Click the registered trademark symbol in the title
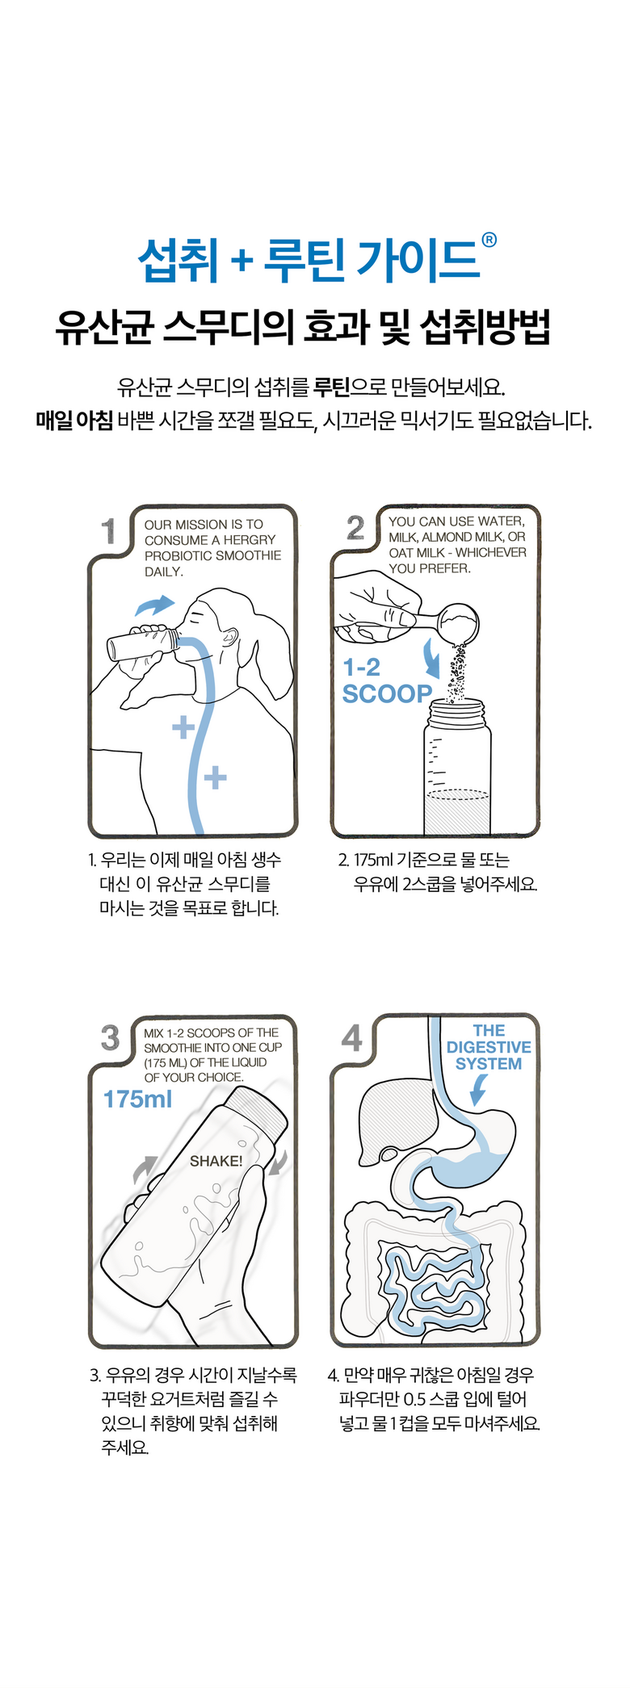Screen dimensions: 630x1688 (x=489, y=240)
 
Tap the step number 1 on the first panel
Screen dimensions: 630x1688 (x=109, y=531)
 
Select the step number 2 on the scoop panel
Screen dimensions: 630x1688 (x=355, y=529)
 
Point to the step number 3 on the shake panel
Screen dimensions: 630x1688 (x=110, y=1038)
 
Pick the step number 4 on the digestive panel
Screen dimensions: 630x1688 (x=352, y=1038)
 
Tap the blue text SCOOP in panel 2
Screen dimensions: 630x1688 (x=387, y=693)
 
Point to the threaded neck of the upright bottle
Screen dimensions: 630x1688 (x=458, y=713)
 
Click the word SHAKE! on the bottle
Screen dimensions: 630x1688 (x=216, y=1161)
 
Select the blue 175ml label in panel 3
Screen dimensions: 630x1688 (x=138, y=1099)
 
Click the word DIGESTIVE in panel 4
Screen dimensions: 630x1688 (x=489, y=1047)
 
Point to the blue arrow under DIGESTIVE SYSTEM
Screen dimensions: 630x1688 (x=478, y=1091)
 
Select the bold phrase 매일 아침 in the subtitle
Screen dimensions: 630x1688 (x=74, y=421)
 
